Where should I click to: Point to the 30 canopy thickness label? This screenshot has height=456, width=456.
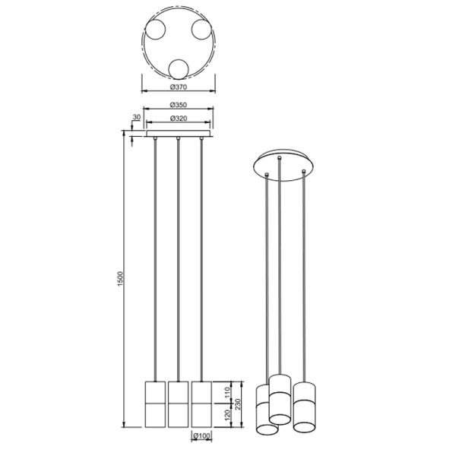pos(136,117)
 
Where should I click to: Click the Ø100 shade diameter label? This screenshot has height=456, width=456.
pos(201,436)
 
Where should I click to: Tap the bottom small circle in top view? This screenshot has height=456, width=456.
pos(179,69)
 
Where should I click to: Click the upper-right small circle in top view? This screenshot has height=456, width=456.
pos(201,30)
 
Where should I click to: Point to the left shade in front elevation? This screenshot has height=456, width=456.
pos(155,404)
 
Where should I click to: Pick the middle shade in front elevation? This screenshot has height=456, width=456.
pos(178,404)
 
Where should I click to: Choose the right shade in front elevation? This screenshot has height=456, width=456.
pos(201,404)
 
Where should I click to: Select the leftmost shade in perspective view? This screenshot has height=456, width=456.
pos(268,410)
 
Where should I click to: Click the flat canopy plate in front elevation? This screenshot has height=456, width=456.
pos(178,135)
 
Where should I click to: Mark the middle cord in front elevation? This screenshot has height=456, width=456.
pos(178,258)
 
